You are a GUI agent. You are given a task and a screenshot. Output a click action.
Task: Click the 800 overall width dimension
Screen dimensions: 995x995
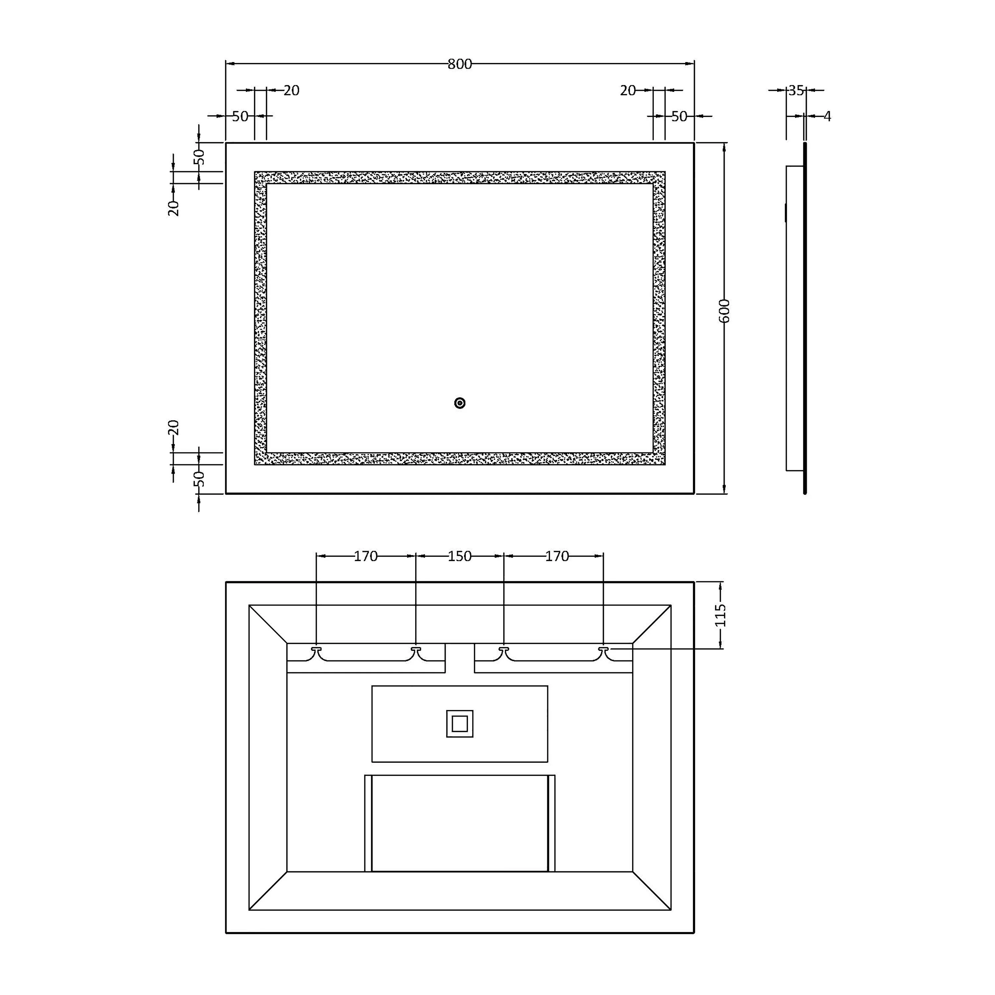(459, 64)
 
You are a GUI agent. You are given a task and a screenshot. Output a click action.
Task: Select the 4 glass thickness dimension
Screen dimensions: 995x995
(827, 116)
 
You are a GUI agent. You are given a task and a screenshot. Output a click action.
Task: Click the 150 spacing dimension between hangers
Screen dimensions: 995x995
(459, 556)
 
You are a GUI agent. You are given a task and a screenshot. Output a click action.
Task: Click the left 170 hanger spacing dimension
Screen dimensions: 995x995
(365, 556)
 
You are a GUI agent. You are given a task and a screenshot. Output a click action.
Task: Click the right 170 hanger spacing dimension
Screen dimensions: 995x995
(557, 556)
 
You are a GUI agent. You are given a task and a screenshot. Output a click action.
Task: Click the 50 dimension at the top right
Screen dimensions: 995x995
(679, 116)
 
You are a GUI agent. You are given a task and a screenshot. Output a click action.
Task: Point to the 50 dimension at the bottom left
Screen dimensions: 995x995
(199, 479)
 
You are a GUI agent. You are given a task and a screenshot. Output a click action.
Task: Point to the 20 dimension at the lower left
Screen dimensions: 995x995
(173, 428)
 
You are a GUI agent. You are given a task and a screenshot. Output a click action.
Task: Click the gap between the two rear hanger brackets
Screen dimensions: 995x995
(459, 658)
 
